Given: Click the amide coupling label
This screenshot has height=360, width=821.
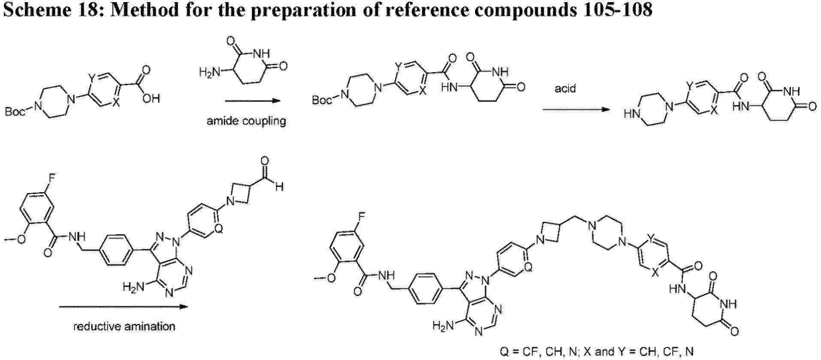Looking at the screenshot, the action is coord(246,121).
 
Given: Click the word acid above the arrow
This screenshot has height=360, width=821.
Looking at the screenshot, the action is coord(565,89).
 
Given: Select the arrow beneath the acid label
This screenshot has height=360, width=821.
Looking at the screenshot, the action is coord(576,109).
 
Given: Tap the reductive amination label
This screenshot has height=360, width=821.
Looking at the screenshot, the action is coord(124,327).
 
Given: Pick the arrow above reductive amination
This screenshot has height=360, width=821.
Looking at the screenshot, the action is coord(123,306).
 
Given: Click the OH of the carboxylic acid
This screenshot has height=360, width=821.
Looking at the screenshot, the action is coord(152,99).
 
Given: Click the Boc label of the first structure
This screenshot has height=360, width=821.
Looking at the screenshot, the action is coord(15,112).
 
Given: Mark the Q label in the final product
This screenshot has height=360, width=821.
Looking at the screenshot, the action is coord(528,267).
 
